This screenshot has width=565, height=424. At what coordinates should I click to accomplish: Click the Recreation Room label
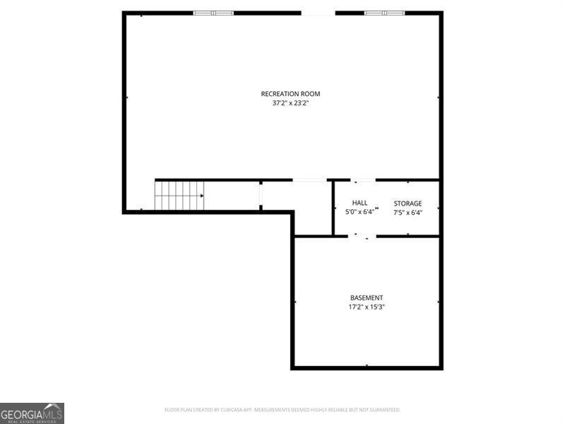290,94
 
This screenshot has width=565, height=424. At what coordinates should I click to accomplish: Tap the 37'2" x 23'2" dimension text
290,103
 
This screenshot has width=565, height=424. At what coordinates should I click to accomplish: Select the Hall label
359,204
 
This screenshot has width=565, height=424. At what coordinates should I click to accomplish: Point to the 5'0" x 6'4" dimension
359,212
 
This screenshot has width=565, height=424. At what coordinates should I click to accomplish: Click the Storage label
408,204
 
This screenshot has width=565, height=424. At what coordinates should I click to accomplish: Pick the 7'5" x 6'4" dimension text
408,212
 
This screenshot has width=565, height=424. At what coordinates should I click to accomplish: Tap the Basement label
367,298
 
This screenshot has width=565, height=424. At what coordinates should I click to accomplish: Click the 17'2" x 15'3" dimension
367,307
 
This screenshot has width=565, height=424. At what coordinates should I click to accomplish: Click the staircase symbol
179,196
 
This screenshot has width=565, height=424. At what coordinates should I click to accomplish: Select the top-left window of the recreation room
213,13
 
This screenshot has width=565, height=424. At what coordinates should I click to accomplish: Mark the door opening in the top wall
318,13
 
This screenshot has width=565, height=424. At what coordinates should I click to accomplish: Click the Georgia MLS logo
32,413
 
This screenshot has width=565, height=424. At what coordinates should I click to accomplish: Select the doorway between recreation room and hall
364,180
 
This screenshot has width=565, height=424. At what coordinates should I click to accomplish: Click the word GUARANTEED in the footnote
384,410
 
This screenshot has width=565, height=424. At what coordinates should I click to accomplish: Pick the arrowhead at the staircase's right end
202,196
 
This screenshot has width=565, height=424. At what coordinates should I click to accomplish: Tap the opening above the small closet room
309,180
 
